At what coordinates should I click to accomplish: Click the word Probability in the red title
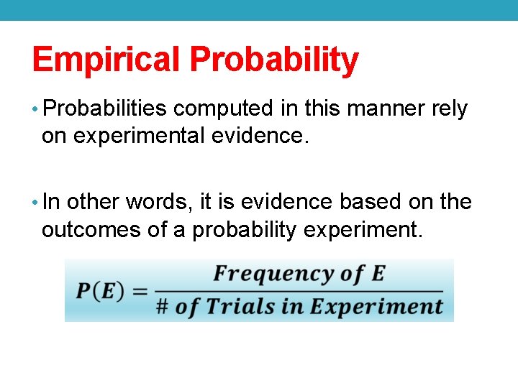click(x=274, y=60)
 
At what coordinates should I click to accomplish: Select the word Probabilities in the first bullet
click(x=105, y=109)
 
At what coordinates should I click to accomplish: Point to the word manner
click(x=374, y=109)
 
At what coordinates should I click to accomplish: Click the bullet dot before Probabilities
click(x=36, y=110)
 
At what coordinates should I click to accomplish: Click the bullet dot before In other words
click(x=36, y=203)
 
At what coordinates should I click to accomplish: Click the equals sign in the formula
click(x=140, y=291)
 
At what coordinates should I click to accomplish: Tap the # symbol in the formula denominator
click(x=162, y=307)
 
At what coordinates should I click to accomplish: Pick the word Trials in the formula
click(x=240, y=307)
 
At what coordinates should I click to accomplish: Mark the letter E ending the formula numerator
click(x=378, y=274)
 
